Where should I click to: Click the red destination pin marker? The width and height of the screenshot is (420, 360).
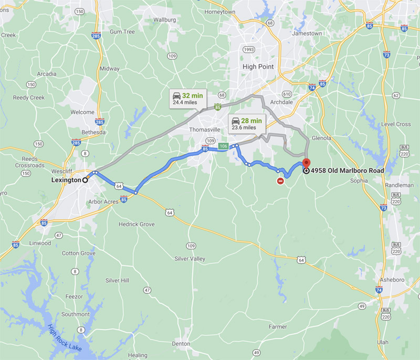click(x=307, y=163)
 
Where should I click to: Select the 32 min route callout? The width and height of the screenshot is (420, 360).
click(x=187, y=98)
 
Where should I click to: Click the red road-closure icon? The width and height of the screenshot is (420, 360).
click(x=281, y=181)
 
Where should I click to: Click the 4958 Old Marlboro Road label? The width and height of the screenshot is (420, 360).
click(x=347, y=171)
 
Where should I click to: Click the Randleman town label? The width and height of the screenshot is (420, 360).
click(x=398, y=185)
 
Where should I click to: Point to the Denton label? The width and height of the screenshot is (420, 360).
click(x=181, y=344)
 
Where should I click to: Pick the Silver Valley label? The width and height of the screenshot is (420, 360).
click(x=190, y=259)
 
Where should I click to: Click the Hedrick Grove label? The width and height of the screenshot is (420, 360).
click(x=136, y=224)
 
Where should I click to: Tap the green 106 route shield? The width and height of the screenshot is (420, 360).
click(x=223, y=146)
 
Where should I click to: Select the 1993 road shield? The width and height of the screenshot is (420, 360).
click(x=249, y=50)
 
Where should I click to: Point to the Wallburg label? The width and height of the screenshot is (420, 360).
click(x=164, y=19)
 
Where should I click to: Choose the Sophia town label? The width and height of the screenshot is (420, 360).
click(x=359, y=180)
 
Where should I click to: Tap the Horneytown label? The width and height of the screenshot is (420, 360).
click(x=220, y=12)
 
